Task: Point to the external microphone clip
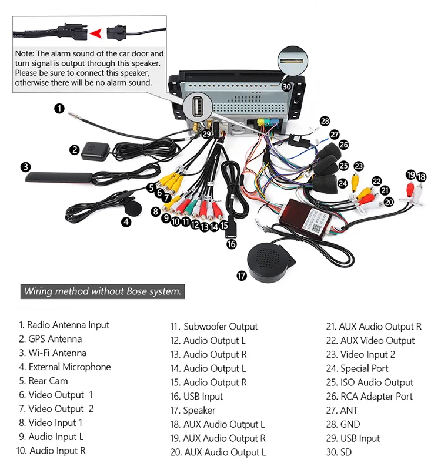coord(131,207)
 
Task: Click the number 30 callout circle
coord(286,86)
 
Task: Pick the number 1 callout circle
coord(58,108)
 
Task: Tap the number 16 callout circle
coord(231,244)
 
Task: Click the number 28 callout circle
coord(325,121)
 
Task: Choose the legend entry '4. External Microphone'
coord(65,367)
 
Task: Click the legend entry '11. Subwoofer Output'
coord(214,327)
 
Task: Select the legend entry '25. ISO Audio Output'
coord(370,382)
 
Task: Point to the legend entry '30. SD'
coord(339,452)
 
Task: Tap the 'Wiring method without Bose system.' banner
coord(103,291)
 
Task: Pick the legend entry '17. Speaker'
coord(193,411)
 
